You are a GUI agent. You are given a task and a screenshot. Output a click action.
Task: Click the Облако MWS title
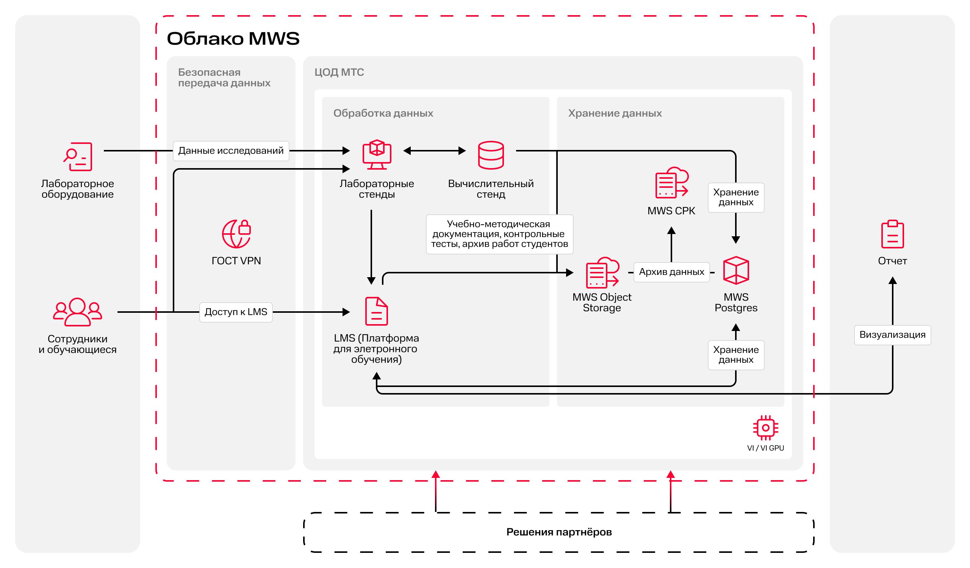click(x=233, y=39)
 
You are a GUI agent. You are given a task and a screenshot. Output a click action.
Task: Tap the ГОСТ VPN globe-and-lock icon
click(x=236, y=233)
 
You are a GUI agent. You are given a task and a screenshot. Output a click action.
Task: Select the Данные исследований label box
click(x=231, y=151)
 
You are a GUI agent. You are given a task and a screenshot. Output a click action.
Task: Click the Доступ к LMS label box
click(x=236, y=312)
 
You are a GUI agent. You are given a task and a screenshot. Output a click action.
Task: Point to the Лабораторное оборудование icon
click(x=78, y=156)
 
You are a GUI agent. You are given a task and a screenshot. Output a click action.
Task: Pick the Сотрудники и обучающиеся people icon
click(x=77, y=312)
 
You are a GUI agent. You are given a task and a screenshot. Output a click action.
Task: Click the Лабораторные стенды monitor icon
click(x=377, y=154)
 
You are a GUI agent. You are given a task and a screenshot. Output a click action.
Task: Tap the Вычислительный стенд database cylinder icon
click(x=491, y=155)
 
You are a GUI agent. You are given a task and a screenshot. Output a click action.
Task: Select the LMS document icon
click(x=376, y=311)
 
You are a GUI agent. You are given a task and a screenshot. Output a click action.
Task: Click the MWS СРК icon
click(x=671, y=183)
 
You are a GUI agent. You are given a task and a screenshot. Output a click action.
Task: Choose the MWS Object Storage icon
click(x=602, y=273)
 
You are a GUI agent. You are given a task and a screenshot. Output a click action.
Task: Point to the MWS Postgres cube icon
click(x=736, y=270)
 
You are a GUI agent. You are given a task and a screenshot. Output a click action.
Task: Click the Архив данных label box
click(x=671, y=272)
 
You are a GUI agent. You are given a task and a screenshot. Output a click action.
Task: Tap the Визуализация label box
click(x=892, y=335)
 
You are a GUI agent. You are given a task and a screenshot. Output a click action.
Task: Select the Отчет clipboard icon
click(x=892, y=234)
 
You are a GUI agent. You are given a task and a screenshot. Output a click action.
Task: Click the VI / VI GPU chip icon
click(x=765, y=428)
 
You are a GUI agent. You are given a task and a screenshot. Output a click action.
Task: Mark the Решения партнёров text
click(x=559, y=532)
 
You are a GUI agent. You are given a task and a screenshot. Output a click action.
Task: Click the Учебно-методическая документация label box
click(x=499, y=234)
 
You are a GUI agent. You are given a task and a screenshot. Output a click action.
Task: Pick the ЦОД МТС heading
click(x=339, y=72)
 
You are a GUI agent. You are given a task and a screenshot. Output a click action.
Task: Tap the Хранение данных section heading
click(x=615, y=114)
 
